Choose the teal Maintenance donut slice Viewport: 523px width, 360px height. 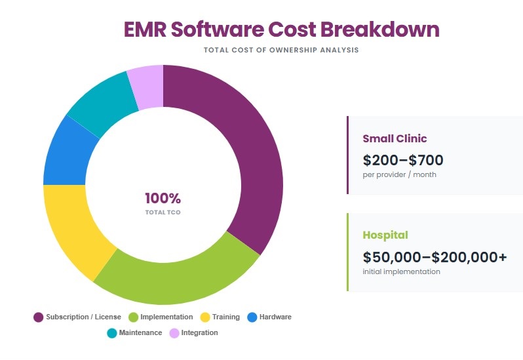coord(102,102)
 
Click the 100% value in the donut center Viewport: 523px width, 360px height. coord(163,199)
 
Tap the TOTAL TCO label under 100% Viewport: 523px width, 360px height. coord(163,212)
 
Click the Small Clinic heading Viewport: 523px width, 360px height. coord(395,138)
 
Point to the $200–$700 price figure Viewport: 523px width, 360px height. coord(403,159)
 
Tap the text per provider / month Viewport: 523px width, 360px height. coord(399,175)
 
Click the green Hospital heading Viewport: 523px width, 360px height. coord(385,235)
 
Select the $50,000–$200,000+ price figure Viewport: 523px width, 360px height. coord(435,257)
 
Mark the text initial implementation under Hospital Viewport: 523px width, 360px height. coord(401,271)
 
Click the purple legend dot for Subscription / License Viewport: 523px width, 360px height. coord(39,317)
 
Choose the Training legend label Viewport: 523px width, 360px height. coord(225,317)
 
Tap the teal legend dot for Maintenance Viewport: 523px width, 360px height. coord(112,333)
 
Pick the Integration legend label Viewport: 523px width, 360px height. coord(199,333)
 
